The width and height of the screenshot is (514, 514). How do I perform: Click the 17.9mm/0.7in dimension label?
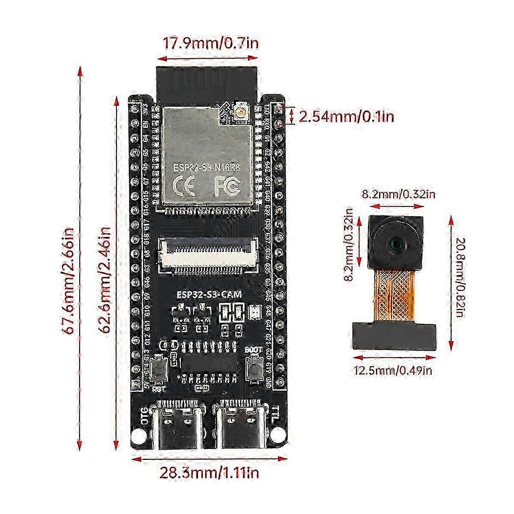tap(210, 43)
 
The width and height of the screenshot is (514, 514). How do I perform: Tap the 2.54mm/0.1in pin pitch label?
tap(346, 117)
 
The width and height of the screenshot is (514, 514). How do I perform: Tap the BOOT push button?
tap(253, 366)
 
